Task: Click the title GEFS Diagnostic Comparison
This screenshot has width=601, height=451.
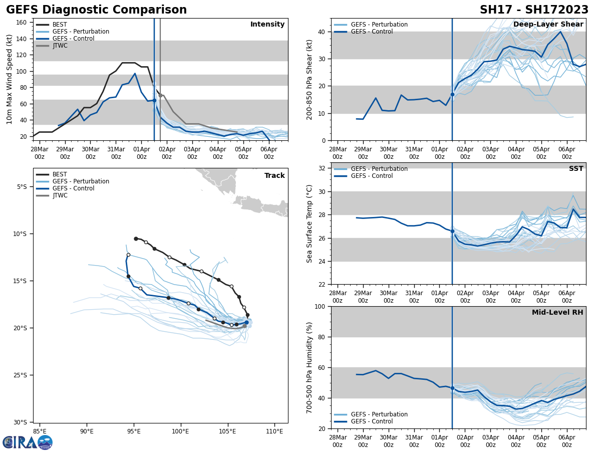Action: (96, 10)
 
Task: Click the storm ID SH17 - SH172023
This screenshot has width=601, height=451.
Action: (534, 10)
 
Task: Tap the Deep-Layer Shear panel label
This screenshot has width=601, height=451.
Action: (548, 25)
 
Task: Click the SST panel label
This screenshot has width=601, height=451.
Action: (575, 169)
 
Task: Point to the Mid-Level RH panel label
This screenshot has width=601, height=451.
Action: (557, 313)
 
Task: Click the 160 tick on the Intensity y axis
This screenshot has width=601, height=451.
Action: (22, 23)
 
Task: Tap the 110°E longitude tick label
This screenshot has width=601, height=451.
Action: (274, 431)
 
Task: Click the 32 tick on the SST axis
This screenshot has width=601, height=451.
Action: (323, 168)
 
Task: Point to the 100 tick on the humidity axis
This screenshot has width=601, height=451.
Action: (321, 307)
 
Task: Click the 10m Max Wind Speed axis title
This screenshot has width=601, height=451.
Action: (10, 79)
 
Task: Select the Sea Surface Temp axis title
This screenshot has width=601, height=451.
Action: (310, 223)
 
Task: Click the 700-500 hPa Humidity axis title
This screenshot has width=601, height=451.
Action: (310, 367)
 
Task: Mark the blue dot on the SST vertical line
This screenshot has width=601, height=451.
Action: (452, 231)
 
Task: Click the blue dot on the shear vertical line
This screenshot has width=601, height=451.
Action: (452, 94)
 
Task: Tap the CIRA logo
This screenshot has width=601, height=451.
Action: (28, 442)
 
